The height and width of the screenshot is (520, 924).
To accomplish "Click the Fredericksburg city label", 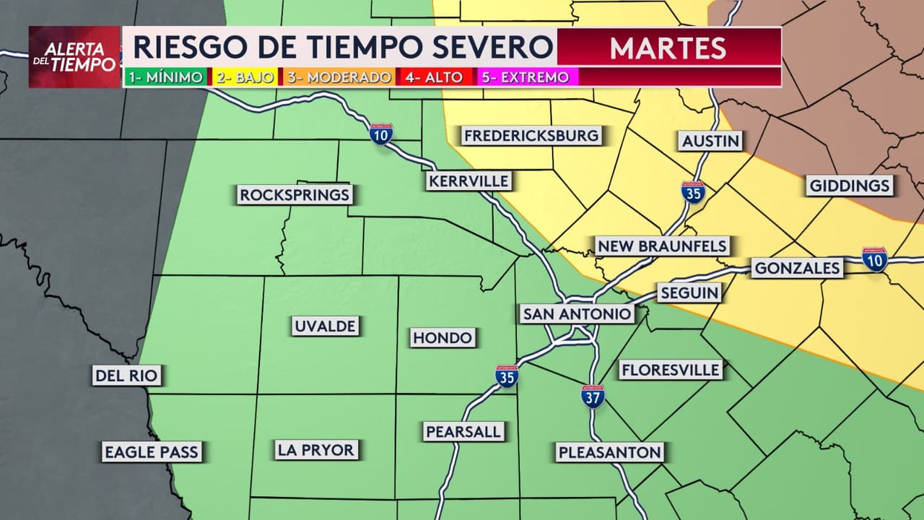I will pos(531,135).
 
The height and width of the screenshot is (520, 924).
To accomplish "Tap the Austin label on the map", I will pos(711,141).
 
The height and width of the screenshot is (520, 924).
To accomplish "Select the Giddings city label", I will pos(850,186).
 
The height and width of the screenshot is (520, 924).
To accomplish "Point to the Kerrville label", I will pos(468,181).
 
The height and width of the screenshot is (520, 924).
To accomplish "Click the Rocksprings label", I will pos(295,194).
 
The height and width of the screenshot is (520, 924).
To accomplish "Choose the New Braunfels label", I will pos(661,246).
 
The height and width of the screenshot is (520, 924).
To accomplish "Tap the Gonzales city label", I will pos(797,269).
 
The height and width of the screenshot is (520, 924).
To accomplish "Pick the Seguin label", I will pos(689,292).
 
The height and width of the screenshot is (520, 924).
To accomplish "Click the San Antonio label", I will pos(577,313).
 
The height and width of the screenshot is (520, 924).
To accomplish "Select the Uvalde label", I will pos(325,326).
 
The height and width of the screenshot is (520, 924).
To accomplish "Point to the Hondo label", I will pos(443,337).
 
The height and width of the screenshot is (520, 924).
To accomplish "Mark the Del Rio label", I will pos(126,375).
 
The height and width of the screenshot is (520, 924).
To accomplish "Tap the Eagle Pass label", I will pos(151,452).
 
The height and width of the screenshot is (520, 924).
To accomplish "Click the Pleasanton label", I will pos(609,452).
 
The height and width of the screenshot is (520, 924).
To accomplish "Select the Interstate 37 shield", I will pos(593,396).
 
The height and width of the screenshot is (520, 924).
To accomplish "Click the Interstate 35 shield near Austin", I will pos(693,191).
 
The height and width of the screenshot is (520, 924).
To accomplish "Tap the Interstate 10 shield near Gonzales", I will pos(874,259).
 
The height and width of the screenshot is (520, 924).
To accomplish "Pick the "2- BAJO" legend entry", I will pos(245,77).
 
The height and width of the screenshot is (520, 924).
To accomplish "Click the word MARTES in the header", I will pos(668,48).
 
